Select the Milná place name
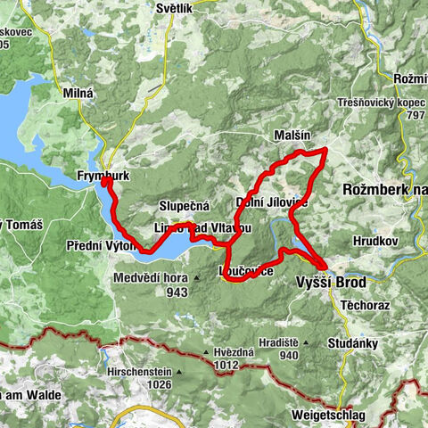tap(78, 92)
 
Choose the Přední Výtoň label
tap(99, 243)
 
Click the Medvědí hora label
tap(150, 278)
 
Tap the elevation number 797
tap(414, 115)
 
